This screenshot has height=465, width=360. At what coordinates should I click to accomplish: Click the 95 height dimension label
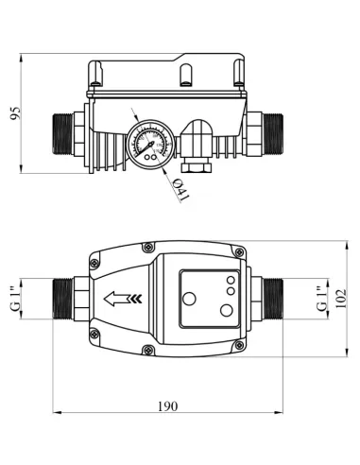tap(15, 113)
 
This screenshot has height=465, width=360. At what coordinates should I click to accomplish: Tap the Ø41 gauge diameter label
tap(181, 190)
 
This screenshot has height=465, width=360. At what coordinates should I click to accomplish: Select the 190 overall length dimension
tap(168, 406)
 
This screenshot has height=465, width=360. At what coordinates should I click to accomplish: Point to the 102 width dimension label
tap(341, 299)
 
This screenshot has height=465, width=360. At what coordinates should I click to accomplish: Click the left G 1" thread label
tap(16, 299)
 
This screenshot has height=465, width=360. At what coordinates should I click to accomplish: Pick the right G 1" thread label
tap(322, 299)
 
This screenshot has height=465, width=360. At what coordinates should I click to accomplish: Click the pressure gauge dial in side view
tap(150, 145)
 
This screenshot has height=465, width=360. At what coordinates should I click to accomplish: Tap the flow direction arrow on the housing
tap(123, 299)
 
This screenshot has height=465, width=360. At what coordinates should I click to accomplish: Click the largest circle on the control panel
tap(227, 310)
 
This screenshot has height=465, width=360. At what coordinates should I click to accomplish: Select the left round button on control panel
tap(189, 299)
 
